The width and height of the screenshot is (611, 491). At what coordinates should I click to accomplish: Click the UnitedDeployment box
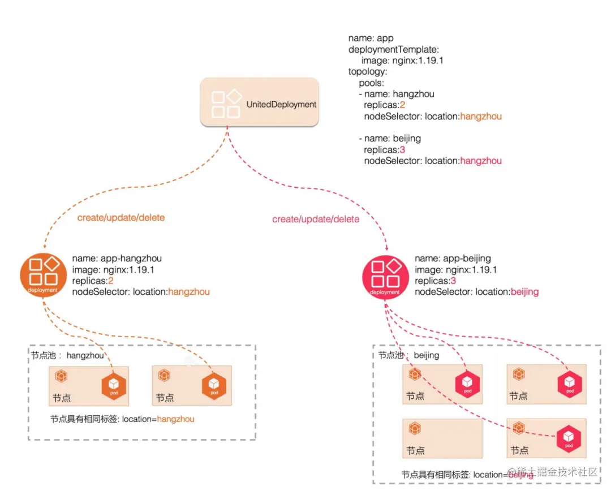pyautogui.click(x=259, y=102)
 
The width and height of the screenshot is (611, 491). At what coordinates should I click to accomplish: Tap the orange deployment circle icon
pyautogui.click(x=43, y=275)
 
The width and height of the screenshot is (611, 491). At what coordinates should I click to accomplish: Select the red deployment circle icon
pyautogui.click(x=385, y=275)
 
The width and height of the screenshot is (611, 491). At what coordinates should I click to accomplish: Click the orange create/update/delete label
pyautogui.click(x=121, y=218)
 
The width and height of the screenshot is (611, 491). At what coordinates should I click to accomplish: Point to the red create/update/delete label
pyautogui.click(x=316, y=219)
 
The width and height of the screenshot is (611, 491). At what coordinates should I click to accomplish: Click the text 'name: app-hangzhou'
pyautogui.click(x=117, y=259)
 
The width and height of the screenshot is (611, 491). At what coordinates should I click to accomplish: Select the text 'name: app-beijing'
pyautogui.click(x=453, y=259)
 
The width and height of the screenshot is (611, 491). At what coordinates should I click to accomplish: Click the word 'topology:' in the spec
pyautogui.click(x=368, y=72)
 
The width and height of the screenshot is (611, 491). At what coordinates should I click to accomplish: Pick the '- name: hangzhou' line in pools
pyautogui.click(x=396, y=94)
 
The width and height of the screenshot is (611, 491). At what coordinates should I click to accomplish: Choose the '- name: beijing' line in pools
pyautogui.click(x=389, y=138)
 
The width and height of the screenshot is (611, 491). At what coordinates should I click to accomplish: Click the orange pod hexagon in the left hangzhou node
pyautogui.click(x=113, y=386)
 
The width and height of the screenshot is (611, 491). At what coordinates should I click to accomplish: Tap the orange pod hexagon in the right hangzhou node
pyautogui.click(x=214, y=386)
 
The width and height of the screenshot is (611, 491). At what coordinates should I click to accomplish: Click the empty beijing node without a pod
pyautogui.click(x=442, y=438)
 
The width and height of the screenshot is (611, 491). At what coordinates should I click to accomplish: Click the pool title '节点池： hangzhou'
pyautogui.click(x=68, y=356)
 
